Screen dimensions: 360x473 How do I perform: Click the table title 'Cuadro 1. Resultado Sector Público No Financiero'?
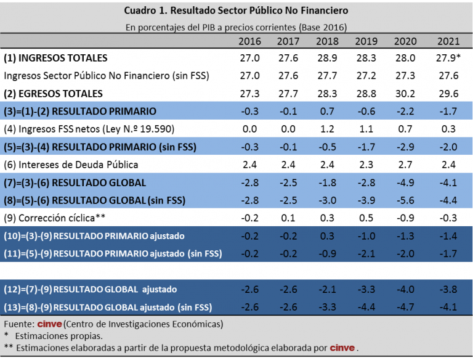click(236, 10)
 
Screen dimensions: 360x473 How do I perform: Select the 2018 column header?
click(326, 42)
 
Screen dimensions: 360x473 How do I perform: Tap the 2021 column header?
click(448, 42)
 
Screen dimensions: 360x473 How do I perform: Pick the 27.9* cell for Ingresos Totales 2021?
click(449, 58)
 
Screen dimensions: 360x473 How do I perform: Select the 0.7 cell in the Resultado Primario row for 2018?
click(327, 112)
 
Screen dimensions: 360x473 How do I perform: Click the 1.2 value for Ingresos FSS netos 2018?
click(327, 129)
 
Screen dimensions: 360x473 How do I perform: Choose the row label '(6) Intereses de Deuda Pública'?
click(71, 165)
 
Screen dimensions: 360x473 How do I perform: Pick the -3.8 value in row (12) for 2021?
click(448, 289)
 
